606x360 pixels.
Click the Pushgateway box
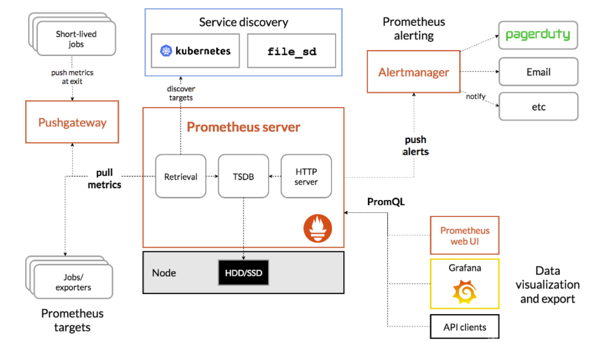(72, 122)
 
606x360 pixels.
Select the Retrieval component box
(180, 176)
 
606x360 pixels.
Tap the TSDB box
(243, 176)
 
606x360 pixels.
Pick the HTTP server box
(306, 176)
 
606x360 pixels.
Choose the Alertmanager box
(413, 72)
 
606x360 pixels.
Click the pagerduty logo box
(538, 35)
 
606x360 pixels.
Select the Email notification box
(538, 72)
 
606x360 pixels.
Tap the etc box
(538, 106)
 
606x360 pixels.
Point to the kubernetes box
(196, 51)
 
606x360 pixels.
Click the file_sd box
(292, 51)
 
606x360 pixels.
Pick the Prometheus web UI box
(464, 235)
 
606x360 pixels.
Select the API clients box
(464, 326)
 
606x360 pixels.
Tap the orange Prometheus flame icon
(317, 228)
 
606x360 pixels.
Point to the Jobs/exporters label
(73, 282)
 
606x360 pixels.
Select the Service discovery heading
(243, 22)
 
